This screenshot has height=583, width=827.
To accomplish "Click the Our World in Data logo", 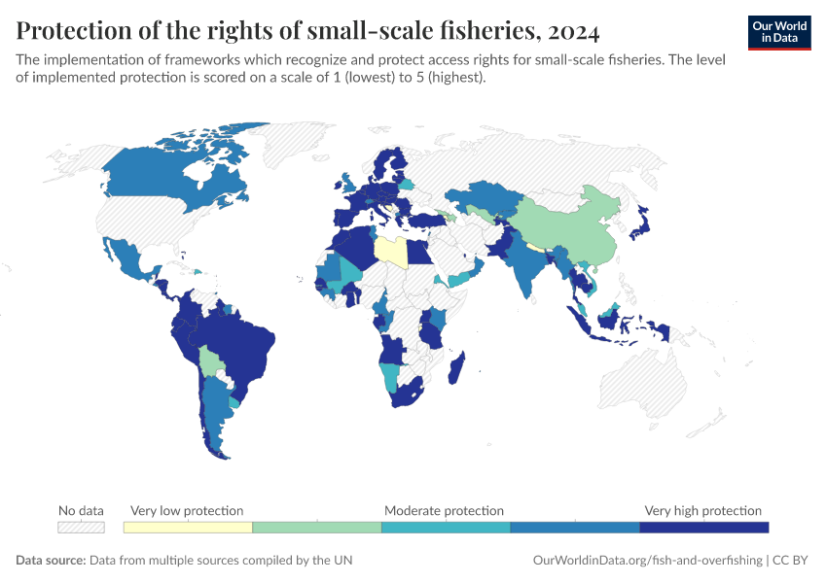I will click(779, 32).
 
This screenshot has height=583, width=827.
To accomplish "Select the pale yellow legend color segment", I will click(188, 527).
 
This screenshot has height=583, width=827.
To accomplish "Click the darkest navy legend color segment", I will click(703, 527).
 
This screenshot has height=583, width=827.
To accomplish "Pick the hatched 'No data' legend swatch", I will click(81, 527).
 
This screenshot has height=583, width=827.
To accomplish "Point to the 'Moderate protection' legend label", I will click(444, 510).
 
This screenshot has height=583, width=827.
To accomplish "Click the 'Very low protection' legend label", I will click(187, 510).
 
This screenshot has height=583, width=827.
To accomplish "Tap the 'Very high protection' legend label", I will click(703, 510).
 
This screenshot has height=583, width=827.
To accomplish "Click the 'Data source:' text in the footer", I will click(51, 561).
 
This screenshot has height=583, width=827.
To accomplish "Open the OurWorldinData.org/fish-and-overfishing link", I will click(647, 561).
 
